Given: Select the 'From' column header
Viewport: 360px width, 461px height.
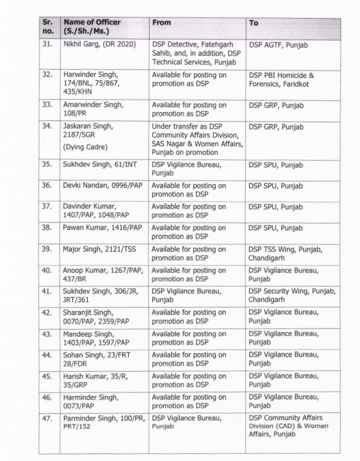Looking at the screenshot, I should [162, 23].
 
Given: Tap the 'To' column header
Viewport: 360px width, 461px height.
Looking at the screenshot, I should [254, 23].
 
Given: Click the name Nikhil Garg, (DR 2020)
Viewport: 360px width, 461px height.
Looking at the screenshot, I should [99, 44].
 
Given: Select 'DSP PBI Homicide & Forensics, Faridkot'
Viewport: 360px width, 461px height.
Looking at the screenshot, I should [281, 80].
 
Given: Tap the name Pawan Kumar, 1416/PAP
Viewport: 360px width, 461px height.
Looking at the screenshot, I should [102, 228].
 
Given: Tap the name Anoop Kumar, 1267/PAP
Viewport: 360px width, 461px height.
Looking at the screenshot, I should [102, 270].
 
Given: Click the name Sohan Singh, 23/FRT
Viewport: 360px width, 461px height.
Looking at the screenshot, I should [93, 358].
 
